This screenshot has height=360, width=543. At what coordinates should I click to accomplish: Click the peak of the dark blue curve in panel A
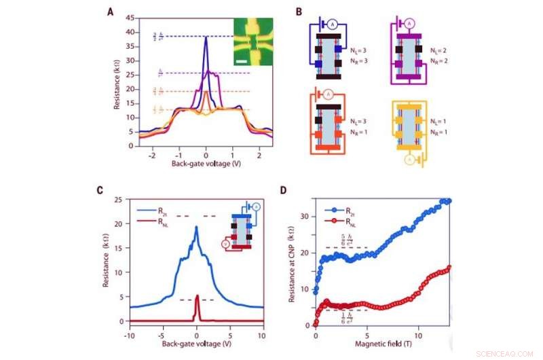tap(206, 37)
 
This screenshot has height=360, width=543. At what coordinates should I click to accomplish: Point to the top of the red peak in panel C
tap(197, 295)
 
